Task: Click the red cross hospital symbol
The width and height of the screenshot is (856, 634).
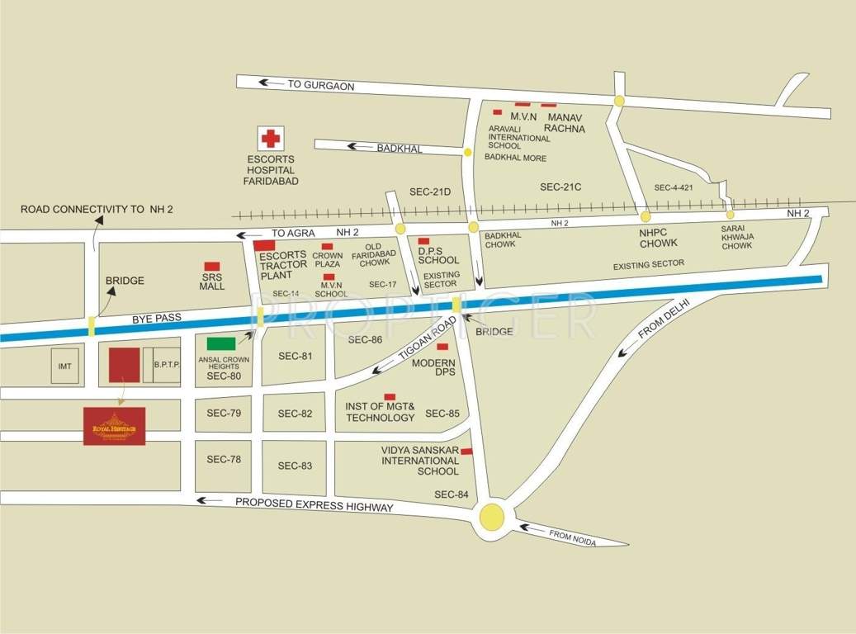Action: (270, 139)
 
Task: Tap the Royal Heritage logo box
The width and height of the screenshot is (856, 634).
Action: (114, 426)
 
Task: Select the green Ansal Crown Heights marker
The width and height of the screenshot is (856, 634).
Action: (220, 343)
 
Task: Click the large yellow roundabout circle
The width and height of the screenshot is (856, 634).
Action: (492, 518)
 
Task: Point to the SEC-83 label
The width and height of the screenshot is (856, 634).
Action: (295, 466)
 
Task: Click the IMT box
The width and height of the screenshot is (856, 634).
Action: (66, 364)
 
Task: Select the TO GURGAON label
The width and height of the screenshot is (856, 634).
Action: (320, 85)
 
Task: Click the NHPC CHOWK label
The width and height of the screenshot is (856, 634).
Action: (658, 238)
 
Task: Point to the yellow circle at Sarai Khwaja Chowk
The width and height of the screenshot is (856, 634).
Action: (730, 215)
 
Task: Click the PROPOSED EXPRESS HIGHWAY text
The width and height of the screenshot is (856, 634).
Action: (314, 504)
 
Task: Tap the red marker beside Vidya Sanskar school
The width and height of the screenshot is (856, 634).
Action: (466, 452)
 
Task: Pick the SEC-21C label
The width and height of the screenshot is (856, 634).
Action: (561, 187)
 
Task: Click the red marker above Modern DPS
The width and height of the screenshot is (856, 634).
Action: (442, 347)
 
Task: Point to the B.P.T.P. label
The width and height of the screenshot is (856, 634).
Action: (166, 364)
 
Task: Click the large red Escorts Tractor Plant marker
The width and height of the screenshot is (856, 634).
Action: (264, 245)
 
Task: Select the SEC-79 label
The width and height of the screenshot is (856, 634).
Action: (224, 413)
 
